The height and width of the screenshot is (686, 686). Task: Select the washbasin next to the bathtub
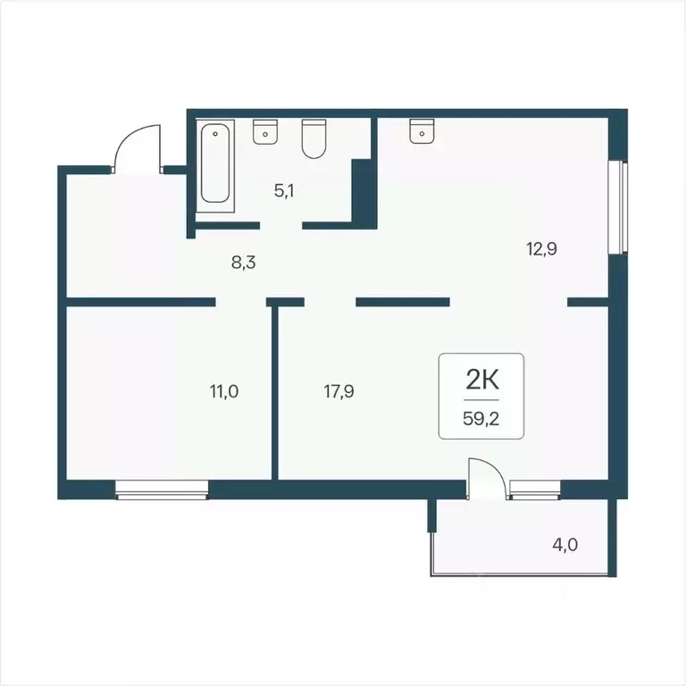265,131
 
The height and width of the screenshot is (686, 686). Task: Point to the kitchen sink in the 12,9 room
421,131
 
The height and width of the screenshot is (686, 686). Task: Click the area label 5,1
285,189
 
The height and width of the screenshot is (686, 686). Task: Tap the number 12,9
541,249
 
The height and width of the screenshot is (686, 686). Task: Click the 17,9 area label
339,390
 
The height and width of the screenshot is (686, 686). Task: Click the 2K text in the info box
481,381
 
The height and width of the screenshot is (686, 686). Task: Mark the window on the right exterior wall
616,207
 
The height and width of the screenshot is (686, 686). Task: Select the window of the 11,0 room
162,488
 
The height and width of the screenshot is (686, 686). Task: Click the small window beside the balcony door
534,488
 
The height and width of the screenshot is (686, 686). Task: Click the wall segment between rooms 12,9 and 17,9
402,302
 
